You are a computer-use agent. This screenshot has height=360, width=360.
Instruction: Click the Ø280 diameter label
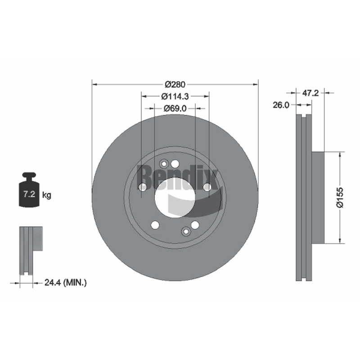point(175,85)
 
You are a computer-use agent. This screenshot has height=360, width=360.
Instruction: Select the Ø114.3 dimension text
point(175,96)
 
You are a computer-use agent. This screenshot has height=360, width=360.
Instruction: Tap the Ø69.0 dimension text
point(175,108)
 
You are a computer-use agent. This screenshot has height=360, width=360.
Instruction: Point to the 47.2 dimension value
point(310,93)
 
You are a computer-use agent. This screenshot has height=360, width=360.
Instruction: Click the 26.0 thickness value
point(281,105)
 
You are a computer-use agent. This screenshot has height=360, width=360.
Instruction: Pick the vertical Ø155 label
point(340,198)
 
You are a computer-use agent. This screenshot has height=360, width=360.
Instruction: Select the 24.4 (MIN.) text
point(65,283)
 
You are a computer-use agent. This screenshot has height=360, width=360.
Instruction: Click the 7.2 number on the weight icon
point(29,194)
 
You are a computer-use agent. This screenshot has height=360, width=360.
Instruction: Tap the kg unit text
point(47,195)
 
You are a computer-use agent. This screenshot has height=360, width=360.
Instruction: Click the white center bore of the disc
point(175,198)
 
